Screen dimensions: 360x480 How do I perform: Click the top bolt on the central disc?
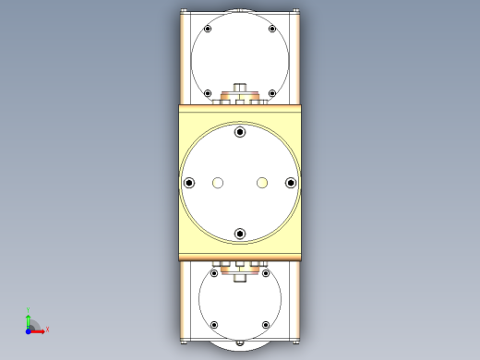240,132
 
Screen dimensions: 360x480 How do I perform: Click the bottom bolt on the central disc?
240,234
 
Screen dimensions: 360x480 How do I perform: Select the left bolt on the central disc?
189,183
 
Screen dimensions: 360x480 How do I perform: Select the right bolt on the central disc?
291,183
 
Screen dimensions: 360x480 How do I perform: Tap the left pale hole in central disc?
218,183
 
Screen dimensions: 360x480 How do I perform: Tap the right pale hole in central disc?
262,183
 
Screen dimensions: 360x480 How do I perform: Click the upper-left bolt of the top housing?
208,30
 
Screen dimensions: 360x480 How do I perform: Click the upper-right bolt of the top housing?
272,30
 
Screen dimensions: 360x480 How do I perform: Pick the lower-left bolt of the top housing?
208,93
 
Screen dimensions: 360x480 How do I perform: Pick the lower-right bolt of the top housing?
272,93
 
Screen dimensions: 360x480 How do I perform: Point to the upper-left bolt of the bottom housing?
214,273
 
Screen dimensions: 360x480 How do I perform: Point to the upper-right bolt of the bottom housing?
266,273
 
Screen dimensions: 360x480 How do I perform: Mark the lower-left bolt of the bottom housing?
214,325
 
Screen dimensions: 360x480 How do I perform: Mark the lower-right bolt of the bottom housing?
266,325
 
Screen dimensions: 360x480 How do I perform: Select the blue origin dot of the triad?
28,330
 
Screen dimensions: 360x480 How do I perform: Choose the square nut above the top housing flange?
240,89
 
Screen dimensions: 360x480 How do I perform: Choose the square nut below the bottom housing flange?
240,275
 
